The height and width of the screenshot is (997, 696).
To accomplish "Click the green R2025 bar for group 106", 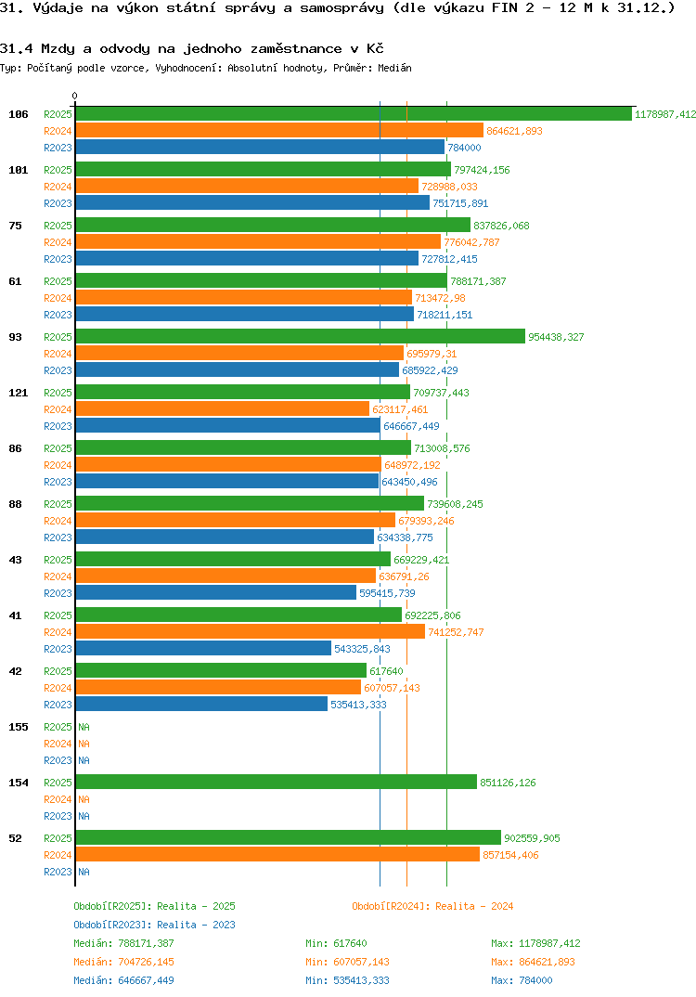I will pos(353,114).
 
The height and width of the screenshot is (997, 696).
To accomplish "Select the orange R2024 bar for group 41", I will pos(250,632).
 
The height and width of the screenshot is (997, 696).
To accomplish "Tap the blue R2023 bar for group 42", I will pos(201,705).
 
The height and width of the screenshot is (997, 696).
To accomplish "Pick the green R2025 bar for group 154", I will pos(276,783).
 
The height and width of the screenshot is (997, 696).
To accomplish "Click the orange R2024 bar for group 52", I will pos(277,855).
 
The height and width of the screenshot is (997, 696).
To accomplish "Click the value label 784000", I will pos(464,148).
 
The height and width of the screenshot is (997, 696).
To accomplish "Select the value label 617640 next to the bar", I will pos(386,671).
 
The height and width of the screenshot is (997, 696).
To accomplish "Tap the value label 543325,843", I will pos(362,649).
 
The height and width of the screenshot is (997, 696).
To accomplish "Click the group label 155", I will pos(18,727).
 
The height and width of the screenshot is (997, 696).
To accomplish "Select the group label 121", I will pos(18,393).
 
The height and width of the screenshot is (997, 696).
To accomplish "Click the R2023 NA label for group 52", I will pos(84,872).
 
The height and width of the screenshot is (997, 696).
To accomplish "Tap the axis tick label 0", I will pos(75,96).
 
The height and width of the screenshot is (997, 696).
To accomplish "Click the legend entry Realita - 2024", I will pos(432,906).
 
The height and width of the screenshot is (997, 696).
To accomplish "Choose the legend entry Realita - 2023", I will pos(154,925).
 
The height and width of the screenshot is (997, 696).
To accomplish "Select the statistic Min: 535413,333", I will pos(347,980).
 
